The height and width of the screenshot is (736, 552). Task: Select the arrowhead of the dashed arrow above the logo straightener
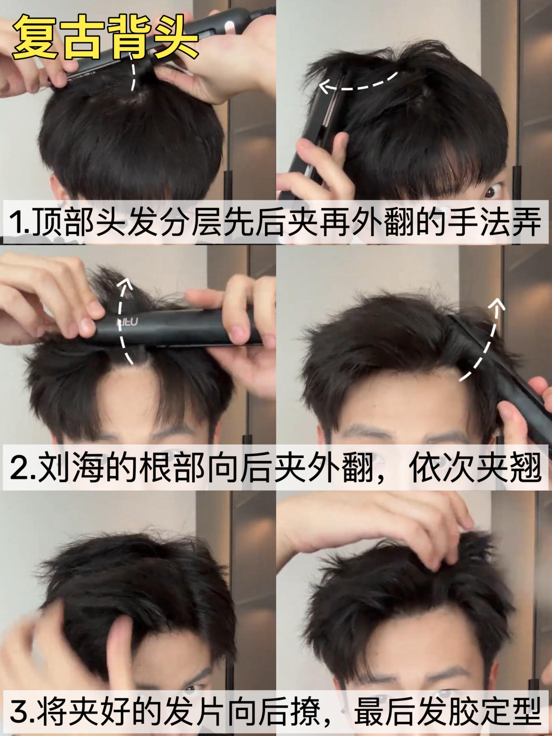[x=126, y=283]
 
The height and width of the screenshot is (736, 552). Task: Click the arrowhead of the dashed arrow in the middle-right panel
[x=497, y=304]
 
